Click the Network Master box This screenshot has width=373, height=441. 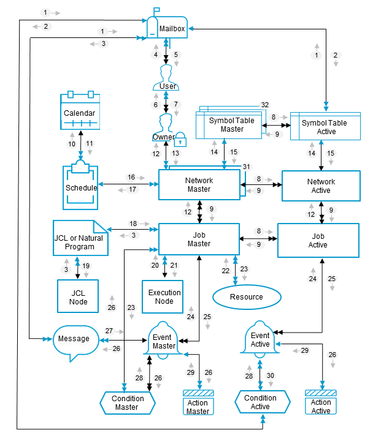pyautogui.click(x=199, y=184)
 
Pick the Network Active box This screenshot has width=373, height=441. pyautogui.click(x=321, y=186)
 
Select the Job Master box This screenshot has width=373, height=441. pyautogui.click(x=199, y=238)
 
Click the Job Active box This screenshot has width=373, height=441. pyautogui.click(x=318, y=240)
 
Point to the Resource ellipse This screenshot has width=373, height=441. pyautogui.click(x=247, y=297)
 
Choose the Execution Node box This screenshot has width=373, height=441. pyautogui.click(x=164, y=296)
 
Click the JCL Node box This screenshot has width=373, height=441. pyautogui.click(x=78, y=296)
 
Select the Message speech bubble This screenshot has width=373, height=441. pyautogui.click(x=75, y=339)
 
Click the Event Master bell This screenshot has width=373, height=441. pyautogui.click(x=164, y=340)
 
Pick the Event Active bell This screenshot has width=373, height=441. pyautogui.click(x=260, y=339)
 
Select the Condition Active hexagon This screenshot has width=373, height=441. pyautogui.click(x=260, y=402)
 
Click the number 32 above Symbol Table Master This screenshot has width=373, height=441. pyautogui.click(x=265, y=105)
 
